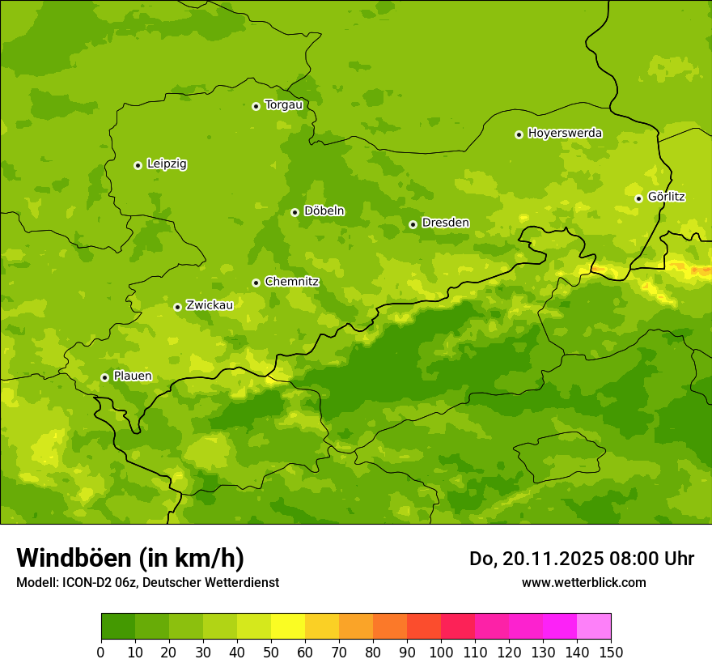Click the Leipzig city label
coord(167,164)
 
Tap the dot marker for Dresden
coord(413,224)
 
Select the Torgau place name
coord(283,105)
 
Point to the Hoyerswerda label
coord(565,134)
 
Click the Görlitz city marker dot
coord(638,198)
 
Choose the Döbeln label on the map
coord(324,211)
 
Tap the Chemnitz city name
coord(291,282)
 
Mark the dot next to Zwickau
coord(177,307)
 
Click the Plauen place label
coord(132,376)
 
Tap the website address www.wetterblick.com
coord(583,583)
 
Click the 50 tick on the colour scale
coord(271,652)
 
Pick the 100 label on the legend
coord(441,652)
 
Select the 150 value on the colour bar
coord(611,652)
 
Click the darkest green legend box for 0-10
coord(118,627)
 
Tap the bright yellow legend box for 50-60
coord(288,627)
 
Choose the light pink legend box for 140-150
coord(594,627)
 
